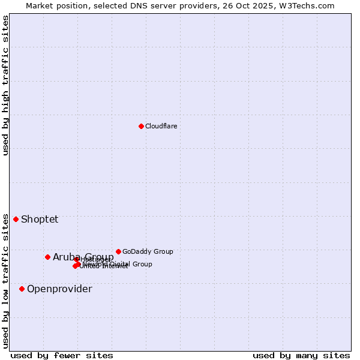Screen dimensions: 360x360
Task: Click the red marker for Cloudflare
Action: (141, 126)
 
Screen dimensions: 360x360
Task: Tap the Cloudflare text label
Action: (161, 126)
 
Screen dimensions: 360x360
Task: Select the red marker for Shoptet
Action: (16, 219)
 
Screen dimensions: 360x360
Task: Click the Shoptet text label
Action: (40, 219)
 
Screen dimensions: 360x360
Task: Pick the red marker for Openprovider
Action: (22, 289)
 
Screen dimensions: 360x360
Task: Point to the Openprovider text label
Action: (59, 289)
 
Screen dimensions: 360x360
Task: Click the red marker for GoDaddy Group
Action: (118, 251)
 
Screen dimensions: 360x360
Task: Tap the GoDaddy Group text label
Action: (148, 251)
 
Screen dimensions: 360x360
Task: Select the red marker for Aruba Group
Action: (47, 257)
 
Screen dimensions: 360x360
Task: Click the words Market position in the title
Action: (55, 6)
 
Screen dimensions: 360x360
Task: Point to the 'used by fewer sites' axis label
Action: (62, 355)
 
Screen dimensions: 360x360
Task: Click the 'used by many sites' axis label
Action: (301, 355)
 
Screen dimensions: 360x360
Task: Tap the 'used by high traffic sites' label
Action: (5, 85)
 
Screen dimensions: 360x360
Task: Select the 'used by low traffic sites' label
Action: (5, 281)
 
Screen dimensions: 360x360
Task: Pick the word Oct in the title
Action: (249, 6)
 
